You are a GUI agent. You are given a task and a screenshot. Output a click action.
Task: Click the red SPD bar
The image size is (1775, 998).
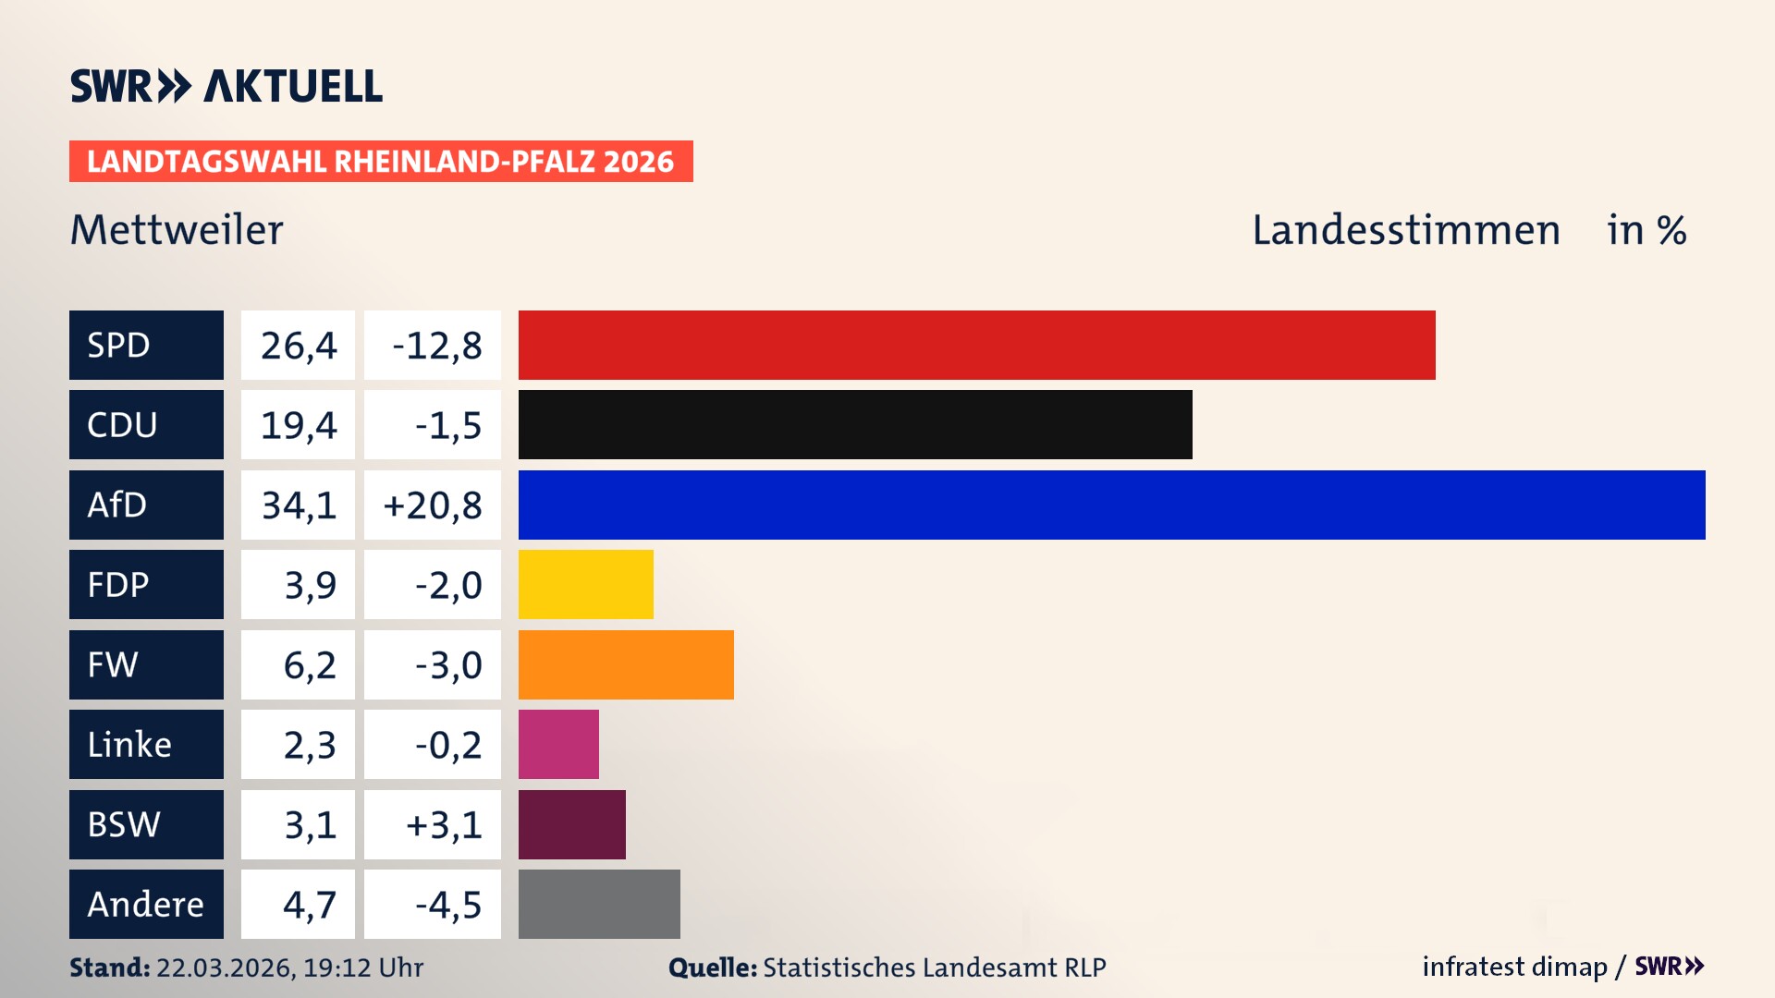click(x=976, y=345)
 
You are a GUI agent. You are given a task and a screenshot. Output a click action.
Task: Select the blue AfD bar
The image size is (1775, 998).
click(x=1111, y=505)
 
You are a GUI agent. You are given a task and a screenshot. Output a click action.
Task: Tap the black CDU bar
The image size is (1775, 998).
click(x=855, y=424)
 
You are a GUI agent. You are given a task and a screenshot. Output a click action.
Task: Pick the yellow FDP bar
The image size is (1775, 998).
click(x=585, y=584)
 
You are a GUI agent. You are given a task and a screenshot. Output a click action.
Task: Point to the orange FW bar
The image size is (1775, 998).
click(x=626, y=664)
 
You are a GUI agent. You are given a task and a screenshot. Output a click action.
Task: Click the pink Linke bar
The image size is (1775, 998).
click(x=558, y=744)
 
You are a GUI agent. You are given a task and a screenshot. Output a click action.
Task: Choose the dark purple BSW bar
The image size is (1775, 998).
click(x=571, y=824)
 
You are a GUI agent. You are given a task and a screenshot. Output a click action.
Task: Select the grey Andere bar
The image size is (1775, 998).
click(x=599, y=904)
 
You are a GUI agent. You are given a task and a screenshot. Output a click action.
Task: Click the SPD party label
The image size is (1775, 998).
click(x=146, y=345)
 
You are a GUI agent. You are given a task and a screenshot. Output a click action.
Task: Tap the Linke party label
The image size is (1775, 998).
click(x=146, y=744)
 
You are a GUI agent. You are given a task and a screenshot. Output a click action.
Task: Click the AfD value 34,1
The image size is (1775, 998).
click(x=298, y=505)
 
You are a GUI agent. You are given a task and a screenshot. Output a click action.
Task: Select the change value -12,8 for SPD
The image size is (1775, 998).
click(x=433, y=345)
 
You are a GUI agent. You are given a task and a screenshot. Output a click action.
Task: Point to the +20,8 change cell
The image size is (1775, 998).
click(x=433, y=505)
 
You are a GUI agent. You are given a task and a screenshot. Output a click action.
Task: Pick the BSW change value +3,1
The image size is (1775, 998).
click(x=433, y=824)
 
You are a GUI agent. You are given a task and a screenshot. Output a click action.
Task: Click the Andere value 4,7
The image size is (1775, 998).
click(x=298, y=904)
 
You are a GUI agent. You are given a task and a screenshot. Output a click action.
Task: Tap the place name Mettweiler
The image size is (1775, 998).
click(x=177, y=229)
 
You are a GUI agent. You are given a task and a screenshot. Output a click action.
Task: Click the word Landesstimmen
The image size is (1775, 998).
click(x=1405, y=229)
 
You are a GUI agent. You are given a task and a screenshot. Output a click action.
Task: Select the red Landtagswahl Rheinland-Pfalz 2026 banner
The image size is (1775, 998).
click(x=381, y=161)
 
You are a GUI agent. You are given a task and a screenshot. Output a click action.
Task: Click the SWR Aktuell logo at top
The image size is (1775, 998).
click(x=226, y=86)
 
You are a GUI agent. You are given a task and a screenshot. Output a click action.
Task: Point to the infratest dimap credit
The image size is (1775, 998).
click(x=1514, y=967)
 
